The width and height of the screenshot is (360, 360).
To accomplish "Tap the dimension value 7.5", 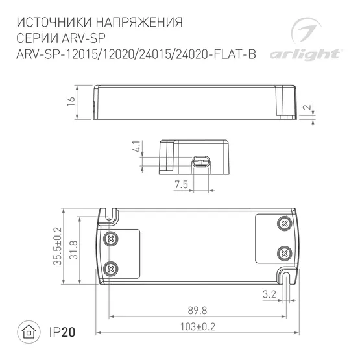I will (x=181, y=186).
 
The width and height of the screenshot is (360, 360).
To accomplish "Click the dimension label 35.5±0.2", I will (x=57, y=246).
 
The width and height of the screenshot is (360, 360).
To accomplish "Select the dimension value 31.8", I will (x=75, y=246).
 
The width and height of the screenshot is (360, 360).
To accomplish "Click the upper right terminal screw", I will (x=283, y=224).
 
